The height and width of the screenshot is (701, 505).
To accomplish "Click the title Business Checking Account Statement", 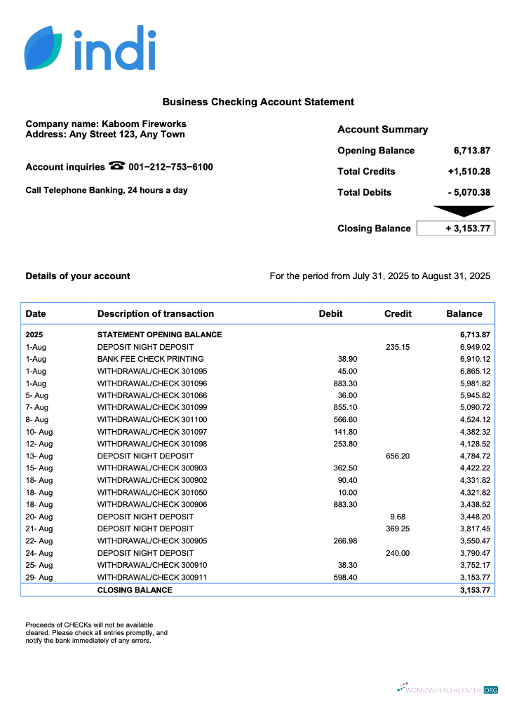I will pos(258,102).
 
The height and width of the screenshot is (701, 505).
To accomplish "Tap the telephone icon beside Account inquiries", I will pos(116,167).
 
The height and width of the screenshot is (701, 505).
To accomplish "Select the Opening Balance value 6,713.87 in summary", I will pos(471,151).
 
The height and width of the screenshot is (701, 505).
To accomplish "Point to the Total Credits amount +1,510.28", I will pos(469,172).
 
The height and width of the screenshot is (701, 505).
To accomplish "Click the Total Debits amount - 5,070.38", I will pos(469,193).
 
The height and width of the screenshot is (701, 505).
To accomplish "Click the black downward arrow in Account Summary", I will pos(464,211).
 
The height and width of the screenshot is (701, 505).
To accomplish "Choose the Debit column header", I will pos(330,314).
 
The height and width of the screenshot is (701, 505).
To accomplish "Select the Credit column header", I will pos(398,314).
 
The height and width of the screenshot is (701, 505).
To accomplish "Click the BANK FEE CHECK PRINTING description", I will pos(150,359).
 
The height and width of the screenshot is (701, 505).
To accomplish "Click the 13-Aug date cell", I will pos(39,456).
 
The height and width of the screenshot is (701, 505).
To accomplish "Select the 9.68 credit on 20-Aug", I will pos(398,517).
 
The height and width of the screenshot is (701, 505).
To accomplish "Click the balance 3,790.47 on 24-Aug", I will pos(475,553).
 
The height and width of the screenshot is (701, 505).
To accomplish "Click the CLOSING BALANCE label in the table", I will pos(135,590).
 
